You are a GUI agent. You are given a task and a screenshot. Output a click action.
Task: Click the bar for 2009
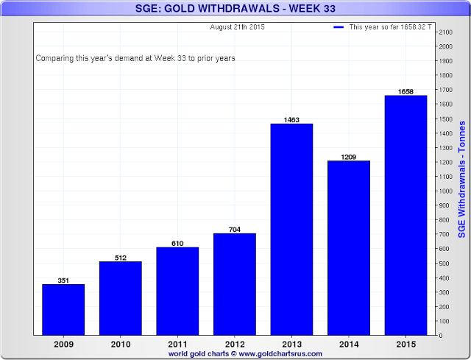coord(63,309)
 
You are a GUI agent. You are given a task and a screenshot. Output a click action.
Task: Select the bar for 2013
coord(291,229)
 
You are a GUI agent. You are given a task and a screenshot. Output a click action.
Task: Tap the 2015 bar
coord(406,215)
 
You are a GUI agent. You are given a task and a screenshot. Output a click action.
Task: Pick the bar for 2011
coord(177,291)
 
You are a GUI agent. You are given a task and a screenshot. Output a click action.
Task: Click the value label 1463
coord(291,119)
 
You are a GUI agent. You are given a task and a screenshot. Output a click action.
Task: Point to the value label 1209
coord(349,156)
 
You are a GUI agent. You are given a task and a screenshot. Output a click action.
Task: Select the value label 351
coord(63,280)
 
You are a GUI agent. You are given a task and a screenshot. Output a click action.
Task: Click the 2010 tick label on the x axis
coord(120,345)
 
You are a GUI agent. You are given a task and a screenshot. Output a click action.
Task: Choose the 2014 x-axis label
coord(349,345)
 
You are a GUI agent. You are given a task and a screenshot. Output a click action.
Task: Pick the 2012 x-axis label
coord(234,345)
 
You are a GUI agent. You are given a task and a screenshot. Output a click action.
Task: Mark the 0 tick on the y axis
coord(439,336)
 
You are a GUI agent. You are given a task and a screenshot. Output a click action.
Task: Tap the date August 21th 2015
coord(237,27)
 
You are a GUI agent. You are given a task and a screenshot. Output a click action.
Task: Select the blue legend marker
coord(339,27)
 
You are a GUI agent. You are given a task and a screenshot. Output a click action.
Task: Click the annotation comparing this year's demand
coord(135,57)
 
